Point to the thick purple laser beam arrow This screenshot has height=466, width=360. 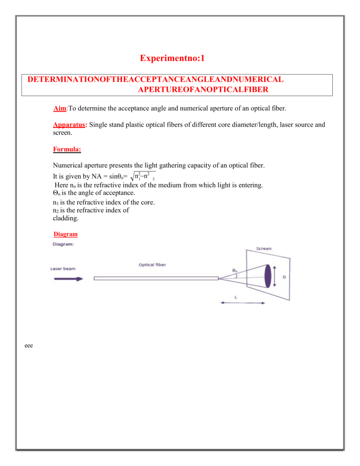click(x=68, y=278)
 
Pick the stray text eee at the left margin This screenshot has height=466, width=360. click(x=28, y=346)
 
